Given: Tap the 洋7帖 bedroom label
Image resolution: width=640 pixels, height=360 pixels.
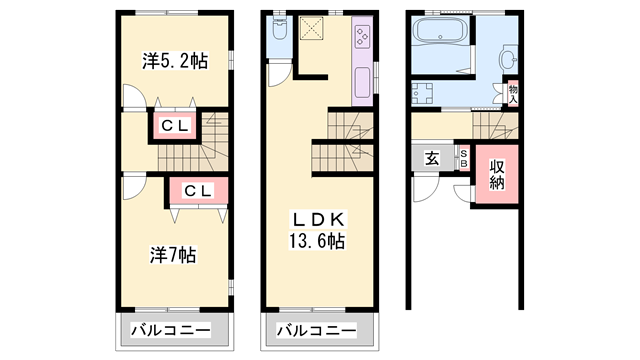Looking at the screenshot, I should (x=173, y=254).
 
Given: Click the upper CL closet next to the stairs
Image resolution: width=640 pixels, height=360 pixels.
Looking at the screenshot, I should (x=175, y=126).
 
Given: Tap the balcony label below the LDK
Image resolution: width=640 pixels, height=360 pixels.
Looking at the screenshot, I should (x=316, y=330).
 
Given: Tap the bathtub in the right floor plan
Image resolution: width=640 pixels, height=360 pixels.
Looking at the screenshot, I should (x=441, y=33).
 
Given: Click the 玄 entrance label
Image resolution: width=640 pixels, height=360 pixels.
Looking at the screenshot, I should (x=431, y=159).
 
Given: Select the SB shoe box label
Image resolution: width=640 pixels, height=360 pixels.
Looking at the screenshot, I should (x=464, y=158).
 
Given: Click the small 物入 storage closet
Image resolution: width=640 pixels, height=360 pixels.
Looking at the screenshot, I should (x=512, y=93).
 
